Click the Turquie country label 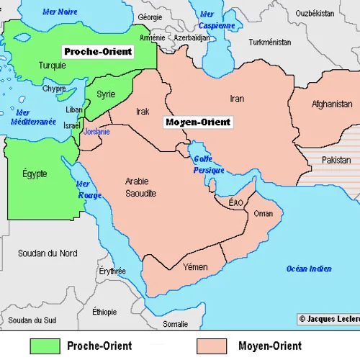pyautogui.click(x=53, y=65)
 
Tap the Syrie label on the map pyautogui.click(x=106, y=94)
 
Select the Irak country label pyautogui.click(x=143, y=112)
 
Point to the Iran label pyautogui.click(x=237, y=98)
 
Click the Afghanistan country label pyautogui.click(x=332, y=104)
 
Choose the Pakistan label pyautogui.click(x=336, y=160)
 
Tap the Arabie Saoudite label pyautogui.click(x=140, y=187)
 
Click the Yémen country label pyautogui.click(x=195, y=267)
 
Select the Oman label pyautogui.click(x=264, y=214)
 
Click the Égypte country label pyautogui.click(x=35, y=174)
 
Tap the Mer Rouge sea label pyautogui.click(x=89, y=189)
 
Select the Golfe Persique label pyautogui.click(x=209, y=165)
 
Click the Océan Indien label pyautogui.click(x=309, y=269)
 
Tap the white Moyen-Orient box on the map pyautogui.click(x=198, y=122)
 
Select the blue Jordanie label pyautogui.click(x=96, y=132)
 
